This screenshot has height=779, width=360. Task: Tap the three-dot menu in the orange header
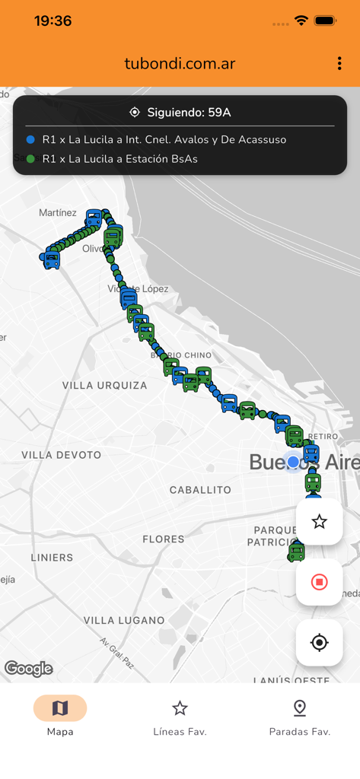coord(339,64)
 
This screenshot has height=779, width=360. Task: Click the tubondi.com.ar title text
coord(180,64)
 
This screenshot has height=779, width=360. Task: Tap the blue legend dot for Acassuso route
coord(30,140)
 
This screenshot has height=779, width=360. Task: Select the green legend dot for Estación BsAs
coord(30,159)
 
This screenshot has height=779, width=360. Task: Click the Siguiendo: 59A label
coord(180,113)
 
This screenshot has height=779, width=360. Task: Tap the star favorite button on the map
coord(319,521)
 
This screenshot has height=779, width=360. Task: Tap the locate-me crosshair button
coord(319,643)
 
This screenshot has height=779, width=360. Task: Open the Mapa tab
coord(60,716)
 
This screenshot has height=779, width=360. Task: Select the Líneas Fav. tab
coord(180,716)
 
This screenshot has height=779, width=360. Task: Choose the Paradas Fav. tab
coord(299,716)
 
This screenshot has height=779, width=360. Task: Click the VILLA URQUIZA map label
coord(105,386)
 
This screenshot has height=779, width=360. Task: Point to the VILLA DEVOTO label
coord(61,455)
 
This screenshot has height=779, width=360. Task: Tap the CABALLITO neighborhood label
coord(200,490)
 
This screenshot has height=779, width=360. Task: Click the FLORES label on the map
coord(164,539)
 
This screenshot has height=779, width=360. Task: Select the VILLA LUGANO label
coord(124,620)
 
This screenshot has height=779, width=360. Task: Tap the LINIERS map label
coord(52,558)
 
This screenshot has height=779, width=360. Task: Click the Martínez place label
coord(58,213)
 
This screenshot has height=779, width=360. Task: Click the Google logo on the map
coord(29,669)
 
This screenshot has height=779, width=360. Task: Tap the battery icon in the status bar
coord(325,21)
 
